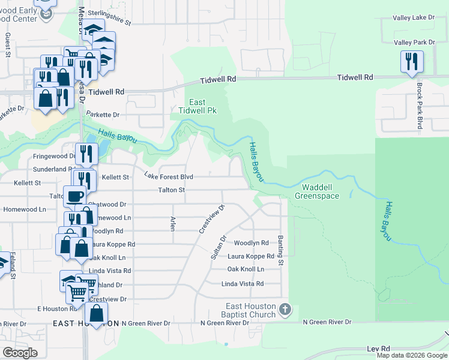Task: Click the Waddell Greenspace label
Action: [x=317, y=191]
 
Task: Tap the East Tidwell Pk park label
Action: [x=193, y=106]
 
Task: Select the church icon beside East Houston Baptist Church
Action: [x=285, y=310]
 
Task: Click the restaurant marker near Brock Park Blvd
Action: [x=412, y=62]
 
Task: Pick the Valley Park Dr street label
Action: [x=414, y=43]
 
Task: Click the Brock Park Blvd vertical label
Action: [x=420, y=106]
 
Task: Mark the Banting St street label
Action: [x=280, y=250]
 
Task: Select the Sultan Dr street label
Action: [x=218, y=247]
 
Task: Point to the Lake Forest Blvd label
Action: [x=169, y=176]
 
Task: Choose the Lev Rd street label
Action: [x=378, y=349]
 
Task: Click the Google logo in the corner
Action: [x=20, y=353]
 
